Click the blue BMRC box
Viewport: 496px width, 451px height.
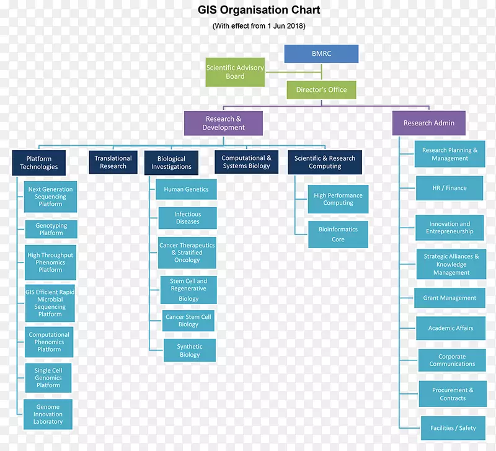[321, 54]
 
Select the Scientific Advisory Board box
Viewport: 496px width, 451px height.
[235, 72]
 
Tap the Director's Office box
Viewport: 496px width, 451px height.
[321, 90]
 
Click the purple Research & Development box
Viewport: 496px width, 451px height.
[223, 123]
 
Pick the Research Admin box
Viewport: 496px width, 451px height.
[429, 123]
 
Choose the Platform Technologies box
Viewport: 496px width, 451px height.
[38, 163]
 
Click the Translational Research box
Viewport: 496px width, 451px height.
[113, 162]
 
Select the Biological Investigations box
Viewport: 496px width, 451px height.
[172, 163]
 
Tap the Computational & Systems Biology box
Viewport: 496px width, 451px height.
[246, 162]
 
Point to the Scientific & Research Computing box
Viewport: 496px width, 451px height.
[325, 162]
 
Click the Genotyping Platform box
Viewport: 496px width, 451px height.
[51, 229]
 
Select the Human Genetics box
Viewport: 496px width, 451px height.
[186, 189]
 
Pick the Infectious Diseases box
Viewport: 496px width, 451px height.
[187, 218]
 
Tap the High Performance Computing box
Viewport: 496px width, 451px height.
[338, 199]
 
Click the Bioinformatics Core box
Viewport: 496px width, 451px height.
[338, 234]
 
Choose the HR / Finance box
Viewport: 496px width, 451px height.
[449, 188]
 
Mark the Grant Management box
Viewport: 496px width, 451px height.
[449, 298]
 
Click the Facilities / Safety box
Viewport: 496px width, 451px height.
[453, 428]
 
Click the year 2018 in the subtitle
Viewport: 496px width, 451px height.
[294, 26]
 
